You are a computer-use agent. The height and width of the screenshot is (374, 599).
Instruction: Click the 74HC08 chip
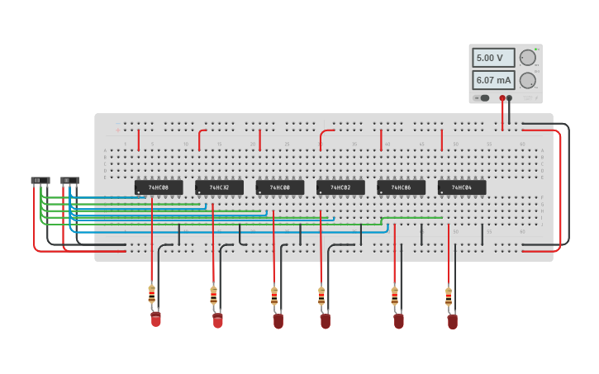pos(159,187)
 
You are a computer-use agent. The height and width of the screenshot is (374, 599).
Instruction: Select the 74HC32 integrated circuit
pos(219,187)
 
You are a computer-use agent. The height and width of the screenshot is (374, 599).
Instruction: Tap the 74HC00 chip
pos(280,187)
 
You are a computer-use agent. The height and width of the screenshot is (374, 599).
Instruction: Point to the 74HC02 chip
pos(340,187)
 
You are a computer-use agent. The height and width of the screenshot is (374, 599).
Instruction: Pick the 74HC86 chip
pos(402,187)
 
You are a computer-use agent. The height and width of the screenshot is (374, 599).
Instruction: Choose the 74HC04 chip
pos(462,187)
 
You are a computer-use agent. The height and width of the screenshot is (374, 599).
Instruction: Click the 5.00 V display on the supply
pos(493,58)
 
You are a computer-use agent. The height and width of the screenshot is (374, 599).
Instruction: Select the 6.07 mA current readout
pos(493,80)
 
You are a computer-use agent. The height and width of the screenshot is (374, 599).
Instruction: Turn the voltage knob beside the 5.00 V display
pos(527,58)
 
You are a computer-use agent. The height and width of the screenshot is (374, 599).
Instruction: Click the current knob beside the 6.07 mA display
pos(527,80)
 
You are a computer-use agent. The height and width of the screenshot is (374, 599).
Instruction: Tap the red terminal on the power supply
pos(502,98)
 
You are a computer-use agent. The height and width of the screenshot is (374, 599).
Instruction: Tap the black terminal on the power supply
pos(510,98)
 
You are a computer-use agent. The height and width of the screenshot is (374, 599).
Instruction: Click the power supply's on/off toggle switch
pos(483,98)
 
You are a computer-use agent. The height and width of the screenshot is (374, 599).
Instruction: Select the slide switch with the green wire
pos(40,180)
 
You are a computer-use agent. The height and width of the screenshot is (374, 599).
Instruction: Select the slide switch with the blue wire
pos(70,180)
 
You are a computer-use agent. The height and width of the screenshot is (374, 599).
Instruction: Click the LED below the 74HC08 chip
pos(155,319)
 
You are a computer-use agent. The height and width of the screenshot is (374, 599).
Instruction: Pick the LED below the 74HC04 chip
pos(452,321)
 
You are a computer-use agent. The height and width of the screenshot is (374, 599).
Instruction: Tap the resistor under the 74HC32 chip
pos(213,295)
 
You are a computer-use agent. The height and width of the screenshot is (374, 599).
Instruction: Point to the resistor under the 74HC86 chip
pos(394,296)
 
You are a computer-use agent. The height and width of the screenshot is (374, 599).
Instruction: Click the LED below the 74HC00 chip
pos(278,320)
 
